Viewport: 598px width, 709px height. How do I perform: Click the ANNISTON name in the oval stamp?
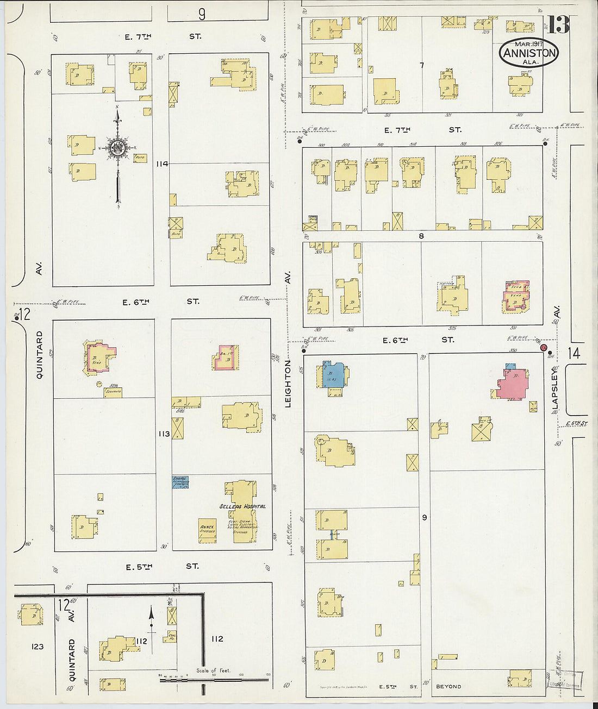point(530,53)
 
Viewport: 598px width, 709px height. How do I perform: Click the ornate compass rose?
point(117,147)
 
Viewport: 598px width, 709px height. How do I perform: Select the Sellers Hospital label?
point(242,506)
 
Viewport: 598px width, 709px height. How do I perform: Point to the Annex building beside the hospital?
point(207,530)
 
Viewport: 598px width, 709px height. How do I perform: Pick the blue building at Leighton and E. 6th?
point(332,375)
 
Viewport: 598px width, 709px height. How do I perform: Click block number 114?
point(162,164)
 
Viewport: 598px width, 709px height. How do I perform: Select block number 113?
point(164,434)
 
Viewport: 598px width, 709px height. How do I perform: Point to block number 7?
point(421,66)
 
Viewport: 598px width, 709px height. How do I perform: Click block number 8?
point(421,236)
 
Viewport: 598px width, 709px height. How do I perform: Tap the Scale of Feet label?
point(213,670)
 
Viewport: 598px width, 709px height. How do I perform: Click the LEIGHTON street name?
point(288,383)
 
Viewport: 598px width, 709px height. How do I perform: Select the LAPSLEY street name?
point(556,391)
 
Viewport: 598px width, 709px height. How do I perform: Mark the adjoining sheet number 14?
point(574,353)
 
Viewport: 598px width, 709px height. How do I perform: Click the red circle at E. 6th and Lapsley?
point(544,347)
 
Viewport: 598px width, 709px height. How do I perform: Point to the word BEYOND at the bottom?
point(448,687)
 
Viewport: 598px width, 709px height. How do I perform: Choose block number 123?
point(37,647)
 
